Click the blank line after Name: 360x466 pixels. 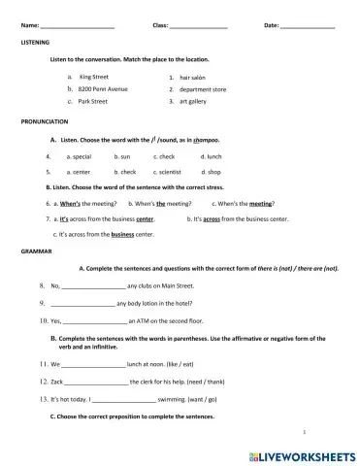pos(78,25)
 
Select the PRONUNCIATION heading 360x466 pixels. pos(45,122)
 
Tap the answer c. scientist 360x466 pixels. pos(170,171)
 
